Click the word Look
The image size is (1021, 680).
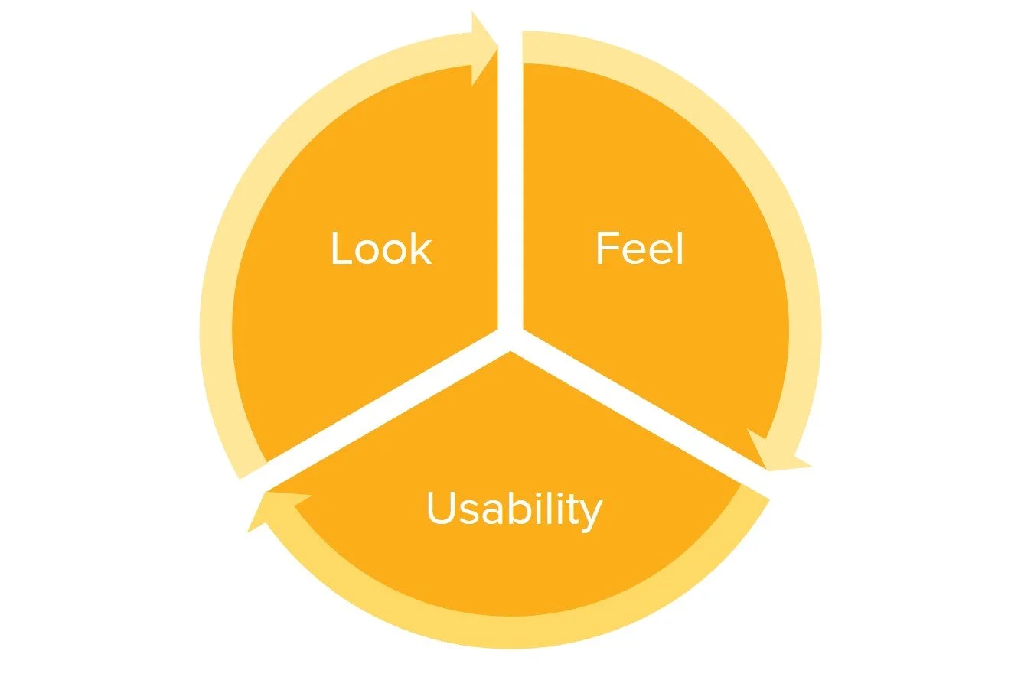point(381,248)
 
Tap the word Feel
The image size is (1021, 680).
point(639,248)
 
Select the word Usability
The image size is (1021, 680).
point(514,509)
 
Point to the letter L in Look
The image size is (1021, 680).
point(339,248)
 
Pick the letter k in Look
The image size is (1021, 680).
point(422,248)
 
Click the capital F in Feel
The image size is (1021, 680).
point(606,248)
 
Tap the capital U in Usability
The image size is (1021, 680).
point(441,508)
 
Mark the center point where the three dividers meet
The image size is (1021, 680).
point(510,337)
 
